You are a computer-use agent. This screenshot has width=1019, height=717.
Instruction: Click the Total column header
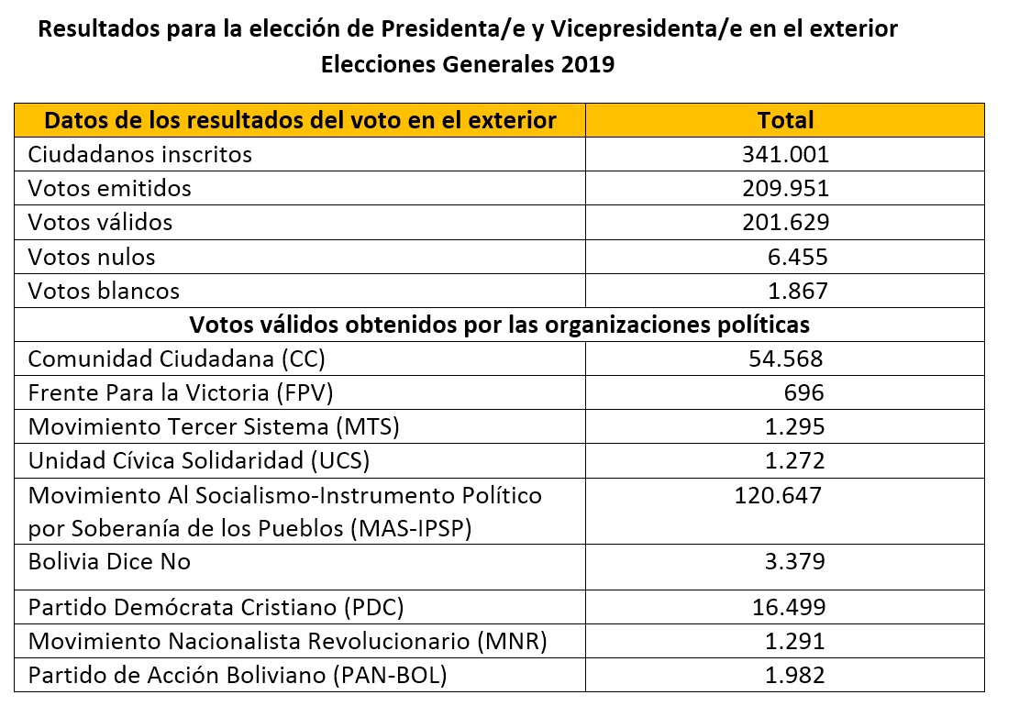pos(785,120)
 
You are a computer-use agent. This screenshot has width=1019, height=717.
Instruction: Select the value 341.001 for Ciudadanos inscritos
pos(785,154)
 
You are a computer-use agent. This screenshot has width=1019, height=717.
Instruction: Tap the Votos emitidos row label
pos(110,188)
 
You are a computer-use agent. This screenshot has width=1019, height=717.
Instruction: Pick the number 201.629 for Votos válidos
pos(785,222)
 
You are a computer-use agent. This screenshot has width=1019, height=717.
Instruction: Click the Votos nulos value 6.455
pos(797,257)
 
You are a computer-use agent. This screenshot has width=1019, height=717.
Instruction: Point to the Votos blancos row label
pos(104,291)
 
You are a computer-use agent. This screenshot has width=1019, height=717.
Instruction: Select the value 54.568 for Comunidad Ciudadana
pos(785,358)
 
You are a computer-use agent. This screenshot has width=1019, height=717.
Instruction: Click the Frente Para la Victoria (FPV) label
pos(180,392)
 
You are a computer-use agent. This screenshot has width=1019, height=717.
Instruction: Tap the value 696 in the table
pos(804,392)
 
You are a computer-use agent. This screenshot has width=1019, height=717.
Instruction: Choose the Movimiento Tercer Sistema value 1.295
pos(794,426)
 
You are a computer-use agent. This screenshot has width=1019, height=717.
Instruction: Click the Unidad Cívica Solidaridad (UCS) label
pos(199,460)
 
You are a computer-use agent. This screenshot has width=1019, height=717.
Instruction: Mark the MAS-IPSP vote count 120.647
pos(778,496)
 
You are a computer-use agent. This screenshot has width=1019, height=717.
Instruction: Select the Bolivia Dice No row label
pos(109,561)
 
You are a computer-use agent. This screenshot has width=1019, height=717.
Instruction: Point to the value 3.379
pos(794,561)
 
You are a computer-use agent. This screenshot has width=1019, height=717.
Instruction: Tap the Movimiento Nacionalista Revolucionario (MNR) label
pos(287,641)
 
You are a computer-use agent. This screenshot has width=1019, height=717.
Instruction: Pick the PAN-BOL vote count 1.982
pos(794,676)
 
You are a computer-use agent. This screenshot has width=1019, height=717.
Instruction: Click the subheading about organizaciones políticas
pos(499,325)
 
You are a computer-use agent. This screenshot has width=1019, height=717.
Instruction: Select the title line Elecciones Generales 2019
pos(467,65)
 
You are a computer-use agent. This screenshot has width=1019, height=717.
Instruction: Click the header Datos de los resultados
pos(300,120)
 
